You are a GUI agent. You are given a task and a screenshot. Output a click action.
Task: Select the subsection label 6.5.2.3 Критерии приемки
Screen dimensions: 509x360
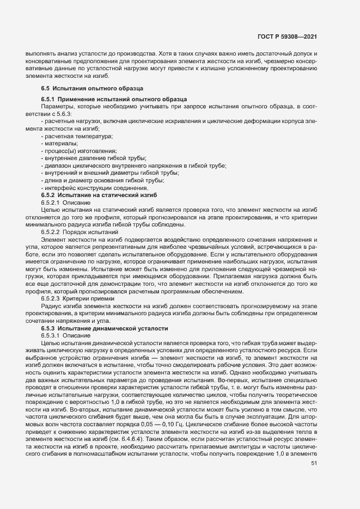point(78,299)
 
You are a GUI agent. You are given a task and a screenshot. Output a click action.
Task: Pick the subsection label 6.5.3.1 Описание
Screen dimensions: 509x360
point(67,336)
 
